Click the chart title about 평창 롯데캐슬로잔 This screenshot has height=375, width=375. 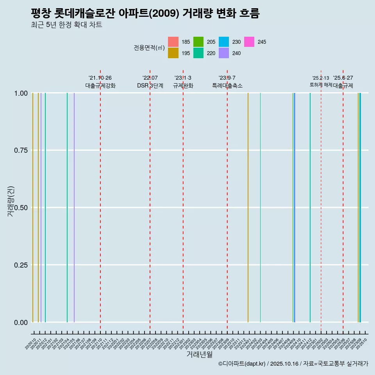click(x=145, y=13)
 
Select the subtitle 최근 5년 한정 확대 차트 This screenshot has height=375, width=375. click(x=66, y=25)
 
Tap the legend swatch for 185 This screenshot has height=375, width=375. click(x=173, y=42)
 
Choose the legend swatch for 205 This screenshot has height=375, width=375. click(x=198, y=42)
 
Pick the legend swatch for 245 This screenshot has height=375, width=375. click(x=249, y=42)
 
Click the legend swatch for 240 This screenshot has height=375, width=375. click(x=224, y=53)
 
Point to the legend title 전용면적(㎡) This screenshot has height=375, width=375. click(x=149, y=48)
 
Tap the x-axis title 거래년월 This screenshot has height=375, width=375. click(x=199, y=354)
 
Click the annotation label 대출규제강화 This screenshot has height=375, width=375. click(x=100, y=86)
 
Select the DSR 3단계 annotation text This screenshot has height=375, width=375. click(x=150, y=86)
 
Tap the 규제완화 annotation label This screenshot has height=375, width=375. click(x=183, y=86)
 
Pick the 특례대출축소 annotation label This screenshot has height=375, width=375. click(x=227, y=86)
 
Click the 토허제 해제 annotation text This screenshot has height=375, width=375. click(x=321, y=85)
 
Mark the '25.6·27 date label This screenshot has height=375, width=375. click(x=343, y=78)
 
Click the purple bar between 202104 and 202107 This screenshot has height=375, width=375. click(x=74, y=207)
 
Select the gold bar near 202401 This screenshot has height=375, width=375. click(x=248, y=207)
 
